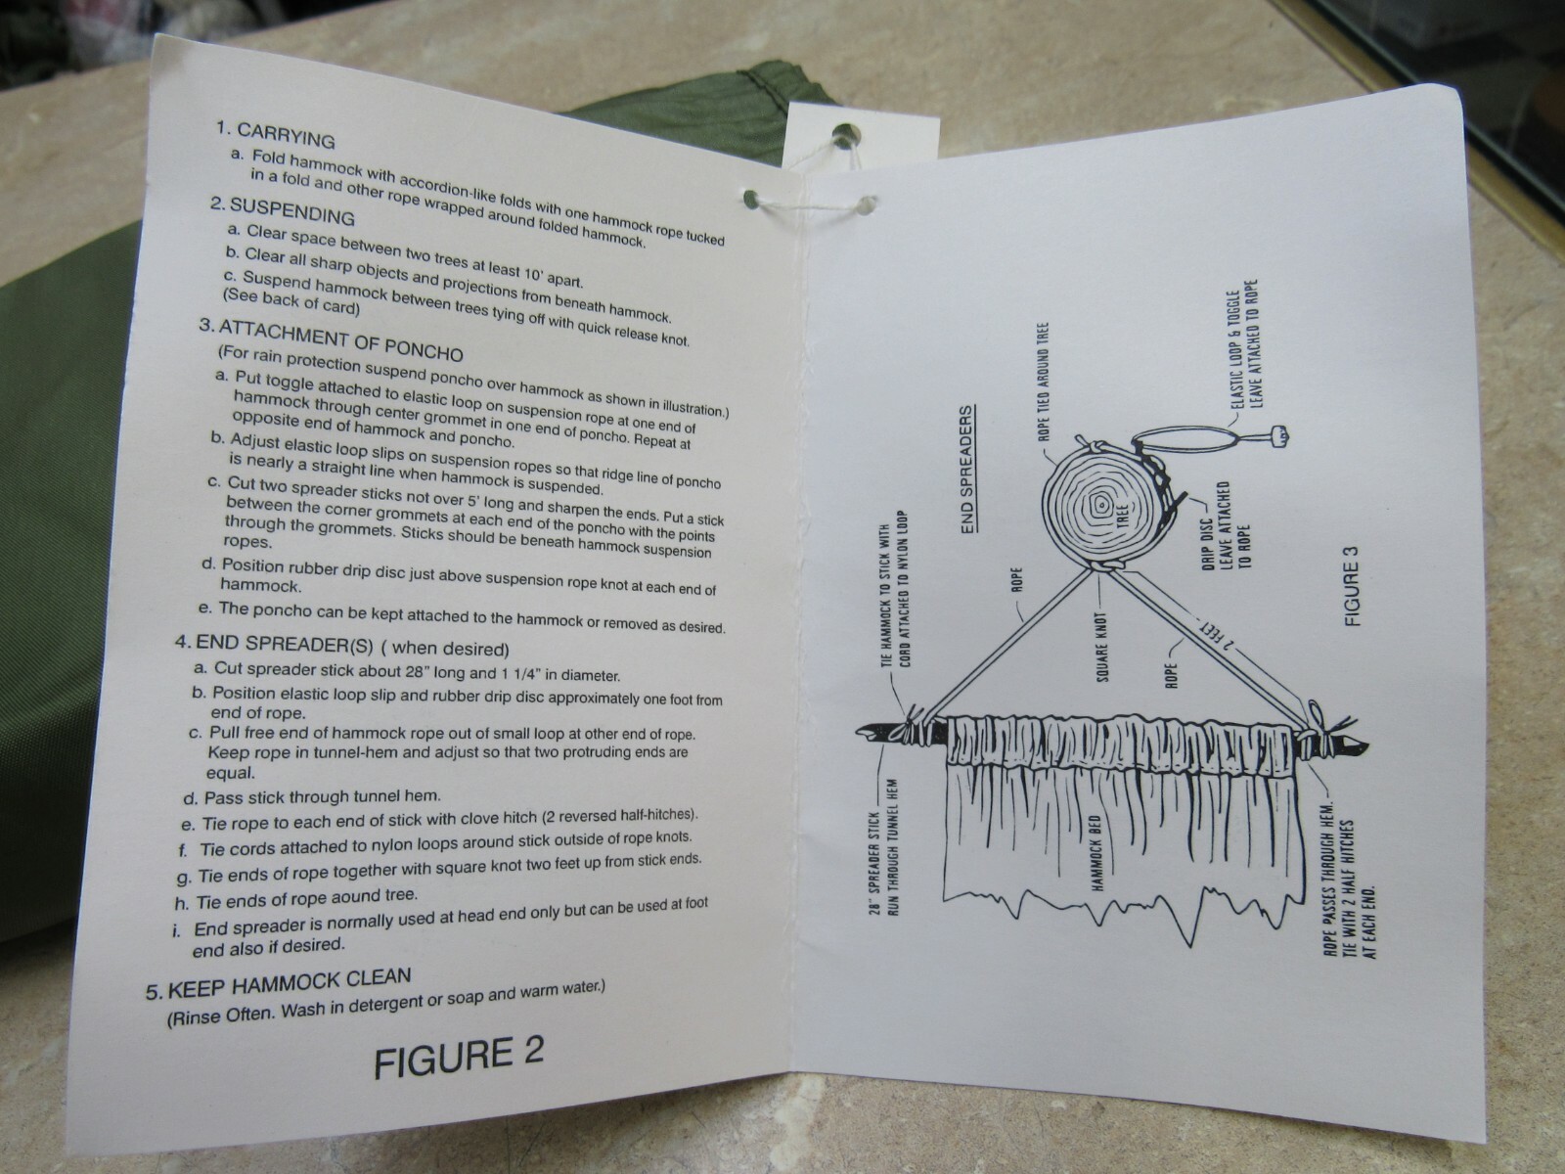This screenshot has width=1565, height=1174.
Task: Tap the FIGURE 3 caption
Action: pyautogui.click(x=1351, y=586)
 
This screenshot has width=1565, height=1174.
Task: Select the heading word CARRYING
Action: pyautogui.click(x=286, y=135)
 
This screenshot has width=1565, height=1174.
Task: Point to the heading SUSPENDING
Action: pyautogui.click(x=291, y=211)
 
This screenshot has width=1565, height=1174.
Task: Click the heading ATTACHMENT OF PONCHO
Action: pyautogui.click(x=340, y=340)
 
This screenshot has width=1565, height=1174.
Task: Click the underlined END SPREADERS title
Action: pyautogui.click(x=967, y=470)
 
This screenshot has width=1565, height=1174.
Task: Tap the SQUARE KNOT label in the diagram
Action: pyautogui.click(x=1102, y=647)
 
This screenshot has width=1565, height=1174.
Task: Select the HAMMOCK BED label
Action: pyautogui.click(x=1097, y=852)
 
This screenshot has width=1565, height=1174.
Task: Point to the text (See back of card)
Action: pyautogui.click(x=291, y=301)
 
